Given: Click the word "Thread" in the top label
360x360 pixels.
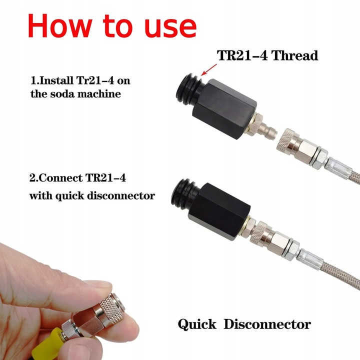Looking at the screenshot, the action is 294,55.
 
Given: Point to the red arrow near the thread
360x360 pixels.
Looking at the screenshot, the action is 208,69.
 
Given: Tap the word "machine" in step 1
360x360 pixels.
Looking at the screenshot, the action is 96,93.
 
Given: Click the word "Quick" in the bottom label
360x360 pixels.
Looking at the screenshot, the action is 197,324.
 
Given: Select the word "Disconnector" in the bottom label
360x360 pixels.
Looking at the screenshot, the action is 267,324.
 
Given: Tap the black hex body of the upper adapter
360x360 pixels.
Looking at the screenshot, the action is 224,109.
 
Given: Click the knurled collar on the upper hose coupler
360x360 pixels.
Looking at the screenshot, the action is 284,139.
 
